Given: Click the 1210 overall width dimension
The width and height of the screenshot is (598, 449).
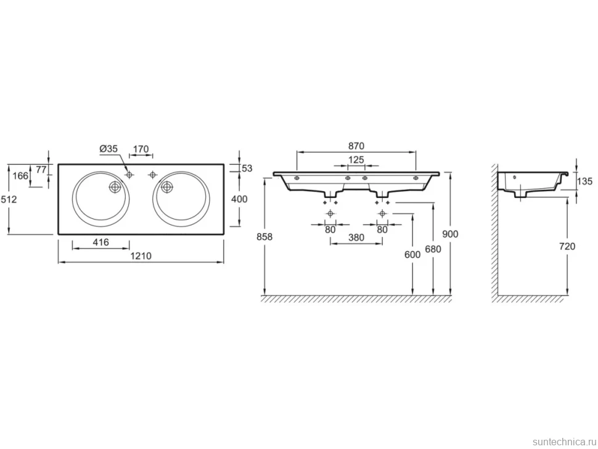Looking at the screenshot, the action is coord(141,256).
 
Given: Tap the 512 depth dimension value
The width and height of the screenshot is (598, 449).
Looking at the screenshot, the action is coord(9,199).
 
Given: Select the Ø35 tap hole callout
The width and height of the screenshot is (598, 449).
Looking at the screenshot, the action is coord(109,149).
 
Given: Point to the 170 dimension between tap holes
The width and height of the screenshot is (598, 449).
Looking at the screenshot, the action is coord(141,149).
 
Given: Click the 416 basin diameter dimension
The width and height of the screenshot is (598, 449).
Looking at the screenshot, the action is coord(100,242).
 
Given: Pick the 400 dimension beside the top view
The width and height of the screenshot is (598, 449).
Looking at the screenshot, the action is coord(239,199).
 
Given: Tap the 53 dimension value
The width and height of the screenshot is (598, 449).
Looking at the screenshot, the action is coord(247,168).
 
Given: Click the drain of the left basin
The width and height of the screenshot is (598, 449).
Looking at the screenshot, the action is coord(115,187).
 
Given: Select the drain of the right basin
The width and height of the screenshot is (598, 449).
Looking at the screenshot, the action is coord(166,187).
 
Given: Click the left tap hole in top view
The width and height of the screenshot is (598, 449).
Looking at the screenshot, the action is coord(129,175).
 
